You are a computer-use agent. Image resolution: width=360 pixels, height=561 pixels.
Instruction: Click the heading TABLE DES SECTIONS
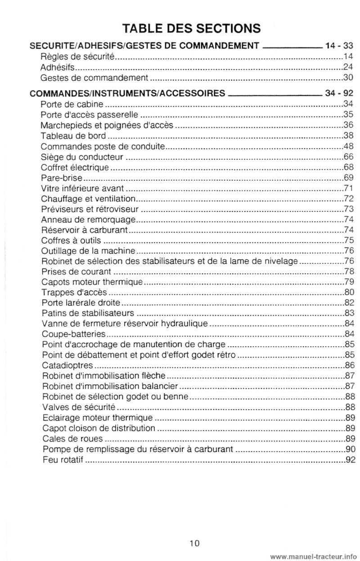(192, 28)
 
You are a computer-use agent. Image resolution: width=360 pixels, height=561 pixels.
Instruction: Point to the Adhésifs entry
(57, 67)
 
